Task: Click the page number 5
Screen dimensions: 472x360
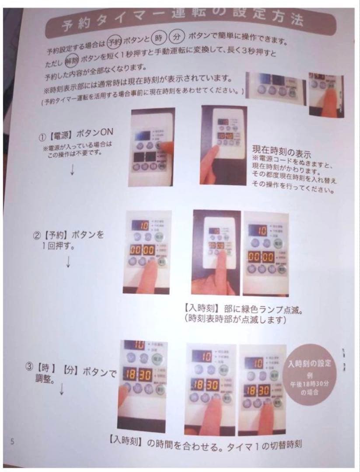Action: tap(13, 441)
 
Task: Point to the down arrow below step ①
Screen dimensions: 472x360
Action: tap(72, 170)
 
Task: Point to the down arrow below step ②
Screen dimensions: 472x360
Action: tap(68, 261)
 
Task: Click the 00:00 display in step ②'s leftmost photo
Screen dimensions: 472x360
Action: tap(143, 250)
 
